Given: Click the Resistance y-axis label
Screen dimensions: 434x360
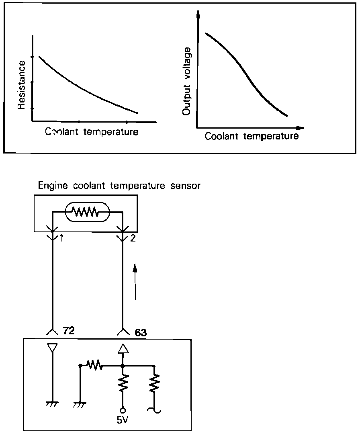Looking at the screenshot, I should (22, 84).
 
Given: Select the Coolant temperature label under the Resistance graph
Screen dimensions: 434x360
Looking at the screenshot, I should (92, 132).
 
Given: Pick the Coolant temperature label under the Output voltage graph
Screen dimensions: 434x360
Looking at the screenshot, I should (252, 136).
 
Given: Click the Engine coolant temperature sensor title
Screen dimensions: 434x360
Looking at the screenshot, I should (119, 186).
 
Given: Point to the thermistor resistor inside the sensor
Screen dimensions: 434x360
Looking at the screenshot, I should (87, 211).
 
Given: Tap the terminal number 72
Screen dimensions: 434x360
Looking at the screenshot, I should (69, 331).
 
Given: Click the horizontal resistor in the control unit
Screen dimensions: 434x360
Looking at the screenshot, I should (96, 366).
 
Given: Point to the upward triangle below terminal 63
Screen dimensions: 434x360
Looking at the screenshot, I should (123, 348).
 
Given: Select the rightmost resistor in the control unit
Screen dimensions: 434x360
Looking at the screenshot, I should (155, 384).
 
